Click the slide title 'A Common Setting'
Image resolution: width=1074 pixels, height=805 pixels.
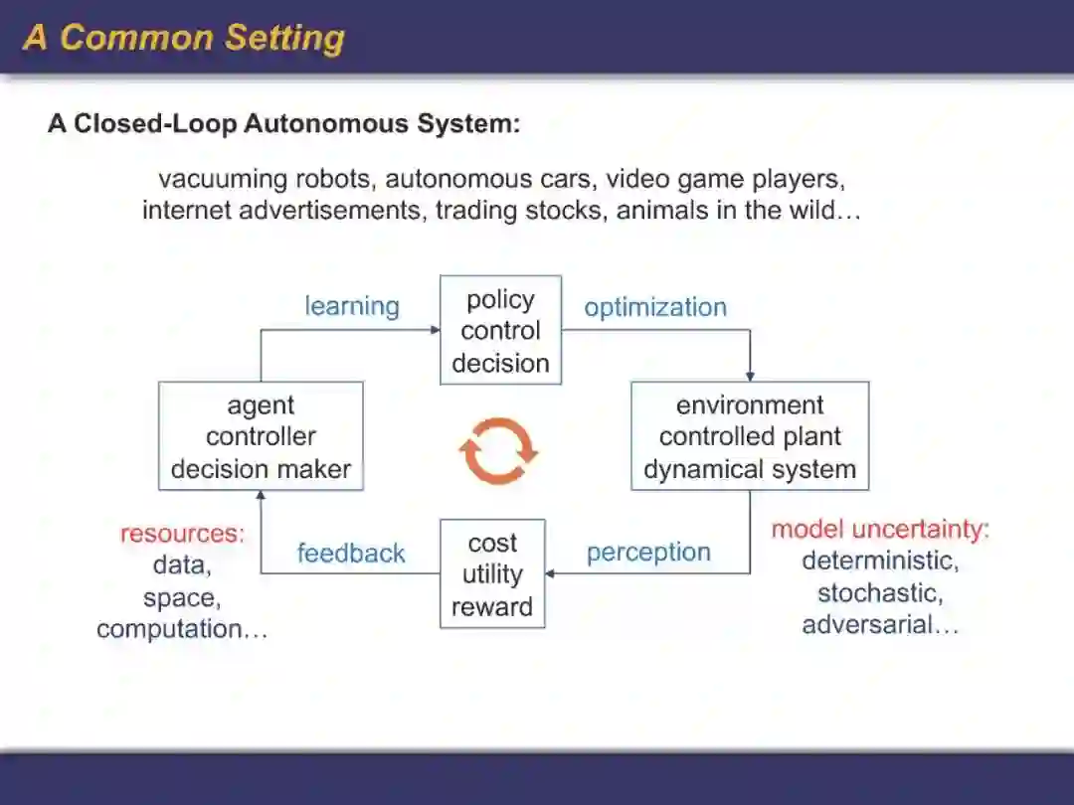point(184,38)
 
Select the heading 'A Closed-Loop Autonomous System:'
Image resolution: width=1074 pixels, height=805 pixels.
point(284,124)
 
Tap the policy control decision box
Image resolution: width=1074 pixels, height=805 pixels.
point(500,331)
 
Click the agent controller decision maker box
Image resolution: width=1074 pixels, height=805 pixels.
point(261,436)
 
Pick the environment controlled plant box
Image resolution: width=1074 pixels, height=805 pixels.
point(750,436)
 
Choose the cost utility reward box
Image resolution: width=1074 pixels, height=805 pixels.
point(492,573)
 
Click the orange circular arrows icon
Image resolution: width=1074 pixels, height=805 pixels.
point(498,451)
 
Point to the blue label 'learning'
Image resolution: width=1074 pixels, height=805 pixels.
point(352,306)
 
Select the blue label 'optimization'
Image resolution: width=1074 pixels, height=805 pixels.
point(655,307)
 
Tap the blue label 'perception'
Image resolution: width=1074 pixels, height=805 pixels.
point(648,553)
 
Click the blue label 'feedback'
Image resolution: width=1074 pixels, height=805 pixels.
point(351,554)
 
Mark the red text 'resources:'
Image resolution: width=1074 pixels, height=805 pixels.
point(182,534)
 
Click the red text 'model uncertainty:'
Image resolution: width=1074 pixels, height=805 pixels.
point(881,529)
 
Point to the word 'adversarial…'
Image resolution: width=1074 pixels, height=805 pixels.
point(881,625)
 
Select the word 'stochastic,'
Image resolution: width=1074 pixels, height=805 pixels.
point(881,593)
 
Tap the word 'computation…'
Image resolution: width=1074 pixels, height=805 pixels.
point(182,629)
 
